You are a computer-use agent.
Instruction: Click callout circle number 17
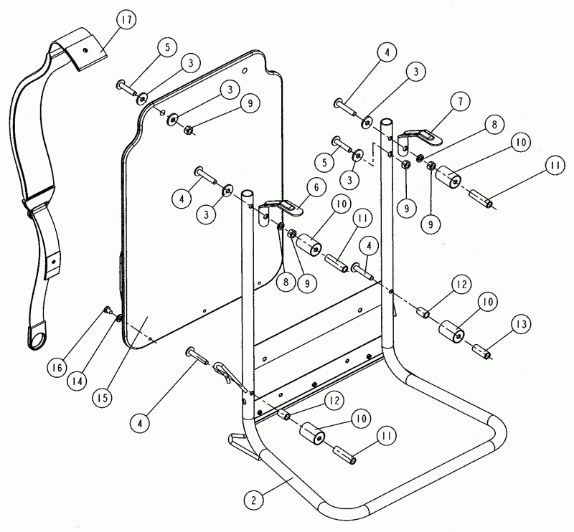point(126,20)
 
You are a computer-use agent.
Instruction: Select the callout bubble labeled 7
point(460,101)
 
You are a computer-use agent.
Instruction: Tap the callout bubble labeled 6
point(316,187)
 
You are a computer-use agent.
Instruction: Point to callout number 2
point(255,500)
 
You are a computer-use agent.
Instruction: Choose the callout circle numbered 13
point(521,324)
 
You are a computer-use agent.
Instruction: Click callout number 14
point(77,381)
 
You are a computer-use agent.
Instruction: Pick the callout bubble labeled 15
point(103,398)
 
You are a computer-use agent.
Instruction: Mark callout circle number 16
point(57,367)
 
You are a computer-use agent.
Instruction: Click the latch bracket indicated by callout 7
point(420,141)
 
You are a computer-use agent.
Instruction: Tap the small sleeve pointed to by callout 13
point(481,351)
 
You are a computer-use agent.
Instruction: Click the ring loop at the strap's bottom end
point(37,336)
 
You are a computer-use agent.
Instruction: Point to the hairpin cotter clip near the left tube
point(231,374)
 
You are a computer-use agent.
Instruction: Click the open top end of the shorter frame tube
point(247,193)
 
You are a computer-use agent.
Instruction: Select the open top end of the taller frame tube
point(387,122)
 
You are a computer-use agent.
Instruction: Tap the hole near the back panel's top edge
point(245,69)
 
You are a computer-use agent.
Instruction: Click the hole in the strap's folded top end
point(85,49)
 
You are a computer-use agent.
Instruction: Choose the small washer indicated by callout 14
point(119,318)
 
